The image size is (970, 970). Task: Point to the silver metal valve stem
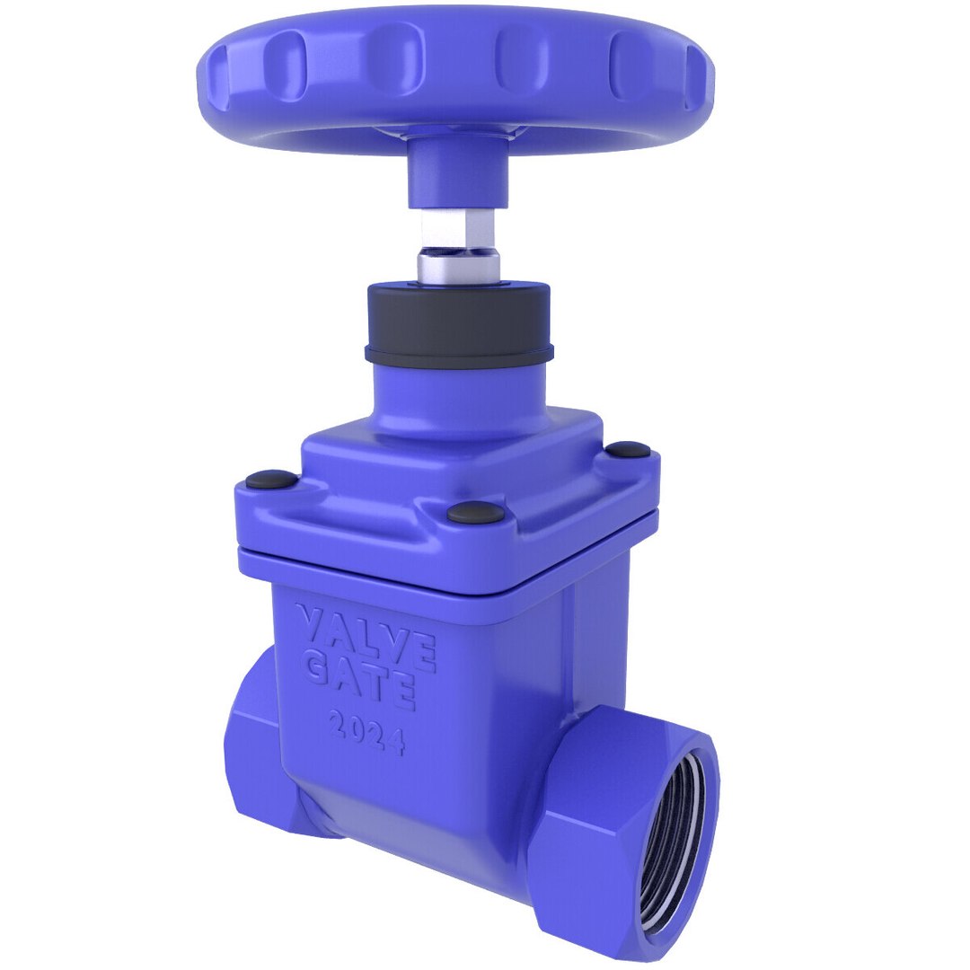tap(458, 260)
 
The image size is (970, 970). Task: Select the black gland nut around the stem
tap(458, 314)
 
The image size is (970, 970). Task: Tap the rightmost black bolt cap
tap(627, 448)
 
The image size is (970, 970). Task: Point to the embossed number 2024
tap(366, 732)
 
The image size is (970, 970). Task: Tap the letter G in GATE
tap(315, 666)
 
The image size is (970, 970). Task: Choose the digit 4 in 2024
tap(394, 741)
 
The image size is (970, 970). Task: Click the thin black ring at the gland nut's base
tap(458, 353)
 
